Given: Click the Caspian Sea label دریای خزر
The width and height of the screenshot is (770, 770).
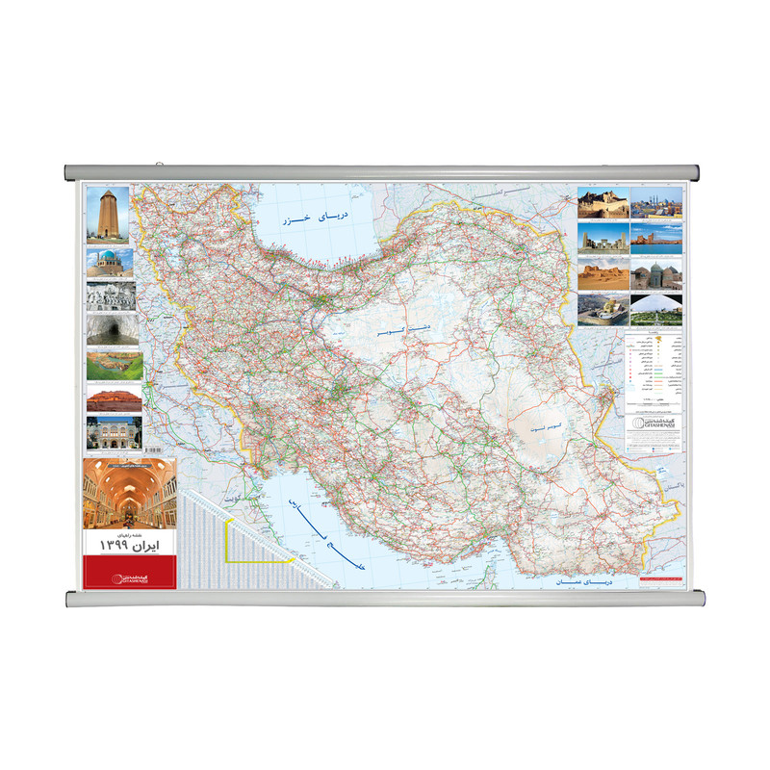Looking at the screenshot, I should click(x=320, y=219).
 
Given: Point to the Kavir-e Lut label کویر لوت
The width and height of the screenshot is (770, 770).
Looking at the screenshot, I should click(x=545, y=424).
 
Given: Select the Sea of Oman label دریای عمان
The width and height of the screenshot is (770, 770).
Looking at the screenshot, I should click(x=582, y=582).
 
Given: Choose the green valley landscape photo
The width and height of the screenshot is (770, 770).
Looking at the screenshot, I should click(x=114, y=366).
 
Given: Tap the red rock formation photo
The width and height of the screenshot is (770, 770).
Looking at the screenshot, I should click(x=114, y=398).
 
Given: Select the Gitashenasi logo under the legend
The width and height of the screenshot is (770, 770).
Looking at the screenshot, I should click(x=654, y=424).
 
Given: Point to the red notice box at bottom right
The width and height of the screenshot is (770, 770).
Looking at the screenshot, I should click(x=659, y=579).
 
